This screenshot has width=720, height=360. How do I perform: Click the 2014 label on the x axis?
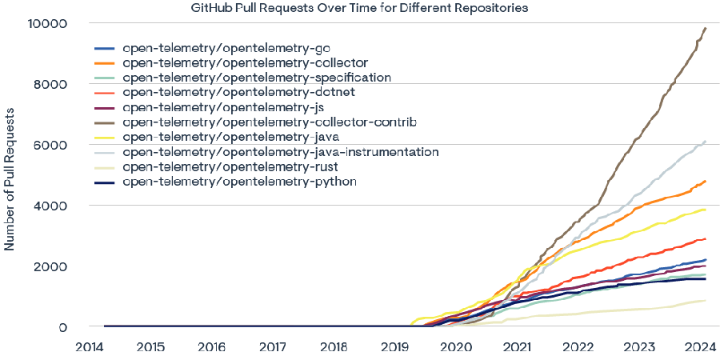coord(89,348)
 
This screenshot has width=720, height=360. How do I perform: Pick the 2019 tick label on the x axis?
coord(395,348)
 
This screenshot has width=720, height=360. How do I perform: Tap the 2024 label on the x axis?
coord(702,348)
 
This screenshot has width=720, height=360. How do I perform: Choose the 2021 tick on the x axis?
coord(518,348)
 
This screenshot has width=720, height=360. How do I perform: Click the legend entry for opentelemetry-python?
coord(239,182)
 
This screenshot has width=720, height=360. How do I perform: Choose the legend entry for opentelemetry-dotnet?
coord(239,93)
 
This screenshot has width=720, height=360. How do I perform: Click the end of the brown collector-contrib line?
coord(705,28)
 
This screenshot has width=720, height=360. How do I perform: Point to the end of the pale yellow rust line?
coord(705,301)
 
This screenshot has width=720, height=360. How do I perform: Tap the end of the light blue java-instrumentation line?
coord(705,141)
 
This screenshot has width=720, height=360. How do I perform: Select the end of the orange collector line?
coord(705,182)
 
